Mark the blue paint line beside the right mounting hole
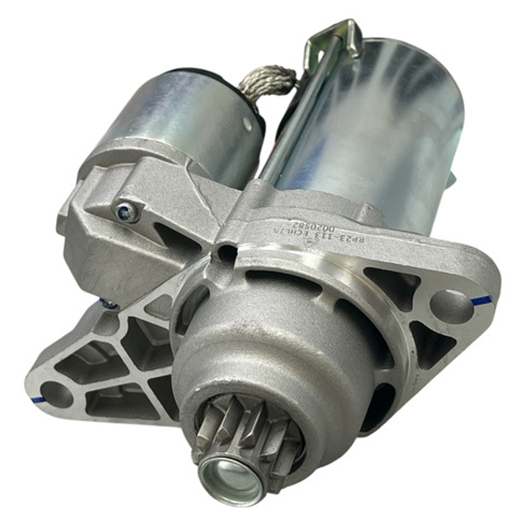coord(481,300)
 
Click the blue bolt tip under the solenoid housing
coord(109,304)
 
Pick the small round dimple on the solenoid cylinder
coord(249,124)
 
